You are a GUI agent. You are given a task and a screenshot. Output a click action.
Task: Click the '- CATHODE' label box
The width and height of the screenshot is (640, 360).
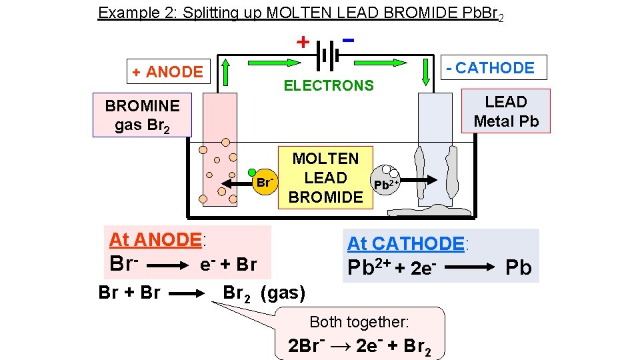tap(494, 68)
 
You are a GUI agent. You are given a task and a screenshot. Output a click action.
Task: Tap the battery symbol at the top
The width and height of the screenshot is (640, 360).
tap(327, 55)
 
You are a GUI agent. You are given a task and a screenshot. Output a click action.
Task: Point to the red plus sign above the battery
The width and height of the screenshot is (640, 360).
tap(303, 42)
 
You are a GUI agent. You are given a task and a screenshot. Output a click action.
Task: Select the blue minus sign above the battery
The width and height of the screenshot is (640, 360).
tap(347, 39)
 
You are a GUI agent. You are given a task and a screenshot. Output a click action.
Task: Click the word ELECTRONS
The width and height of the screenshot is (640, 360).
tap(329, 85)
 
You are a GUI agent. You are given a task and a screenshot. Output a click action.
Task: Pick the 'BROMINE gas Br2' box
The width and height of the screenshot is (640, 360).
tap(142, 115)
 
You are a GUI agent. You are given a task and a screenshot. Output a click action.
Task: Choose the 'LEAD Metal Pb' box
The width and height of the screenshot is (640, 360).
tap(505, 111)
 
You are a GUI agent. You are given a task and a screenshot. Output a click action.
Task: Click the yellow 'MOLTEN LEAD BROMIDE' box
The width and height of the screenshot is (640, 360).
tap(325, 177)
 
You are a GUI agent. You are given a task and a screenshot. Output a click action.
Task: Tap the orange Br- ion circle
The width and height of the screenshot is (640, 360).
tap(265, 182)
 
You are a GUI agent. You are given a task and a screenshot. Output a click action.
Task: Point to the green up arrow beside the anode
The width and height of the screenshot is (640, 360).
tap(226, 73)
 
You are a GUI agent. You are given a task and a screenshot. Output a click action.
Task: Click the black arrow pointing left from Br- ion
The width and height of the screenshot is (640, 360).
tap(236, 182)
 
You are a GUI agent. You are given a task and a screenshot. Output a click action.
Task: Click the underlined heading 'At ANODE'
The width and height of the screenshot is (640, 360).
tap(155, 239)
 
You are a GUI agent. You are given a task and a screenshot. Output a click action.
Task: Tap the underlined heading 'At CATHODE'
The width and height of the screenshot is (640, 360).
tap(405, 243)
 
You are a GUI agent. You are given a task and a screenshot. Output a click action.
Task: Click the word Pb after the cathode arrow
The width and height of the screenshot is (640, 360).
tap(518, 268)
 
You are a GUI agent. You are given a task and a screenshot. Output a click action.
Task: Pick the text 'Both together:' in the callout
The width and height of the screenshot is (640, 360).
tap(359, 322)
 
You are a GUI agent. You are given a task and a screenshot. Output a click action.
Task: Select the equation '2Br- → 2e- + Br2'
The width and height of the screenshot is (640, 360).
tap(359, 347)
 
